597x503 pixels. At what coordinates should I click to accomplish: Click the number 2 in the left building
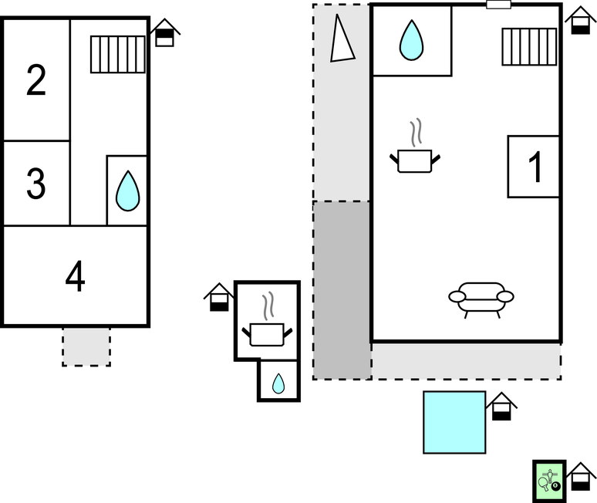[36, 80]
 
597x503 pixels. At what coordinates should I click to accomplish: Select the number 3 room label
[36, 184]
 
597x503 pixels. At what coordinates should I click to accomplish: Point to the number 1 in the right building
[534, 166]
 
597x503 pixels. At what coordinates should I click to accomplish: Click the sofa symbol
[481, 299]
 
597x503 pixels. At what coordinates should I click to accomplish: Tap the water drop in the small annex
[278, 383]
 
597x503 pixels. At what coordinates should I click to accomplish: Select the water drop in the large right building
[411, 41]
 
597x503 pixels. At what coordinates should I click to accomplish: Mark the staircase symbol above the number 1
[529, 46]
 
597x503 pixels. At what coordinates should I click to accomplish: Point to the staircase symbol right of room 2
[117, 54]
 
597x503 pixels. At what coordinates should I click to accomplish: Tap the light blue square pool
[454, 422]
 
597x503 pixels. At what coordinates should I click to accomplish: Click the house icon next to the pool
[502, 407]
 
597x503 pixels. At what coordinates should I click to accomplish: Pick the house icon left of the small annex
[219, 298]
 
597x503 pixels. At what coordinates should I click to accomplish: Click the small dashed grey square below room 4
[86, 346]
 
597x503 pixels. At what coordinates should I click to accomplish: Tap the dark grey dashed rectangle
[342, 289]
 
